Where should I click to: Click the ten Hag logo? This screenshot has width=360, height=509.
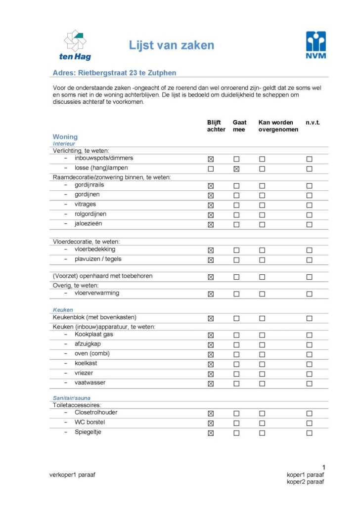pyautogui.click(x=75, y=45)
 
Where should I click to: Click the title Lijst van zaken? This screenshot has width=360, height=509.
pyautogui.click(x=172, y=46)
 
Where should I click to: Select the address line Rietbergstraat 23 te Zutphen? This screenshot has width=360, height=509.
pyautogui.click(x=114, y=73)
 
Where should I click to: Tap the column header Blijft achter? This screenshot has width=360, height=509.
pyautogui.click(x=216, y=126)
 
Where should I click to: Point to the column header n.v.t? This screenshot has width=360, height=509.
pyautogui.click(x=313, y=122)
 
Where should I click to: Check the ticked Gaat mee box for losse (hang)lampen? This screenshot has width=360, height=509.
pyautogui.click(x=236, y=169)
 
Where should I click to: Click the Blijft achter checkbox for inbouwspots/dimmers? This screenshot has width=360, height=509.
pyautogui.click(x=211, y=159)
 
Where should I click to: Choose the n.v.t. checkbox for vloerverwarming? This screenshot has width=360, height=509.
pyautogui.click(x=309, y=294)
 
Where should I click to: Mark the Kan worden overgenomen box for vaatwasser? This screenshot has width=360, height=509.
pyautogui.click(x=262, y=383)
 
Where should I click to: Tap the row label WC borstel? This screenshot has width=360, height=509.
pyautogui.click(x=90, y=423)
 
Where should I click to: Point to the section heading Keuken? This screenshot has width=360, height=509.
pyautogui.click(x=63, y=310)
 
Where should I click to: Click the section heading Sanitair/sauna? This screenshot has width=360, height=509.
pyautogui.click(x=72, y=398)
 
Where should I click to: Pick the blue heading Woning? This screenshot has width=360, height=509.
pyautogui.click(x=65, y=137)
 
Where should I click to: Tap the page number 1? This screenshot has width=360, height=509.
pyautogui.click(x=323, y=467)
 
